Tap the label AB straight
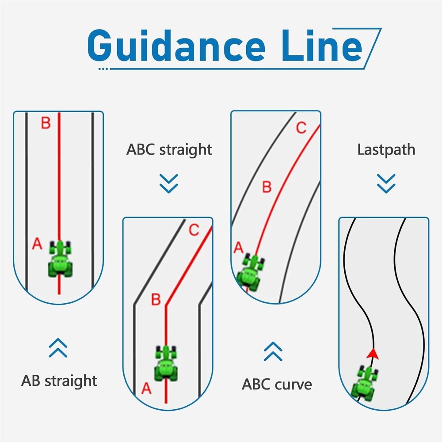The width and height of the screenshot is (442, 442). click(59, 381)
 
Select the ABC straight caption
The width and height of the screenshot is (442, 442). click(169, 149)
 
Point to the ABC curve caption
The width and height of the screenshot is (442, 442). click(277, 384)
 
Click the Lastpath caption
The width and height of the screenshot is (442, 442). click(386, 149)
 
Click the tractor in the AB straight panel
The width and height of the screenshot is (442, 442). click(60, 259)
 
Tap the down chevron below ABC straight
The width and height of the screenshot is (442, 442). click(169, 183)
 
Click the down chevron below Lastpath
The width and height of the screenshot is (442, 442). click(386, 183)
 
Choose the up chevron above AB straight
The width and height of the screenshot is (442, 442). click(58, 348)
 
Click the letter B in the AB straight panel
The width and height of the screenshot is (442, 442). click(46, 123)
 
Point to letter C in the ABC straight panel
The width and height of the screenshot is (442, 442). click(194, 230)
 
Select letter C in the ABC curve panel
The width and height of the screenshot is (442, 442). click(301, 128)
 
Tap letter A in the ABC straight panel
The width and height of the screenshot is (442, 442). click(146, 389)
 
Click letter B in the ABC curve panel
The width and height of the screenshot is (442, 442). click(267, 187)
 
